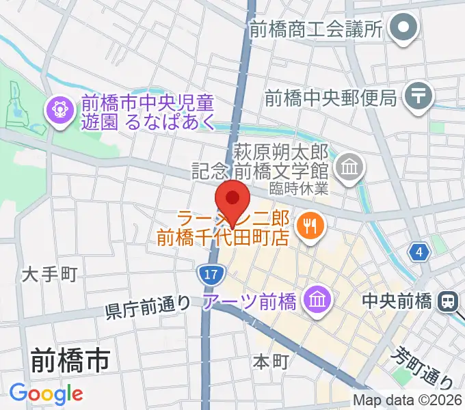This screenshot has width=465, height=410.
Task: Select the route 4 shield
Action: (418, 254)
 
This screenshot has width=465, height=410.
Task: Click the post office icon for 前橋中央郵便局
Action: (418, 97)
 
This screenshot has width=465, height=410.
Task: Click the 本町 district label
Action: (271, 361)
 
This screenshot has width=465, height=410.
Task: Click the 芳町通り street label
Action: (424, 367)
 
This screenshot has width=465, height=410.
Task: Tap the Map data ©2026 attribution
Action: (408, 400)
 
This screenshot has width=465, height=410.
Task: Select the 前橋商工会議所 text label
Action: (315, 29)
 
